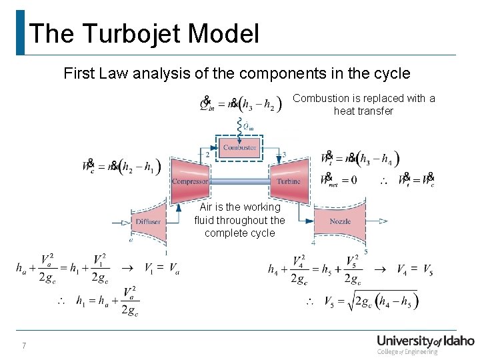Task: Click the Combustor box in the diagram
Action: [239, 147]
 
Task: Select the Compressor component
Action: [190, 180]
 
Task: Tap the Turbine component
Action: [288, 180]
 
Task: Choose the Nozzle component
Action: [340, 221]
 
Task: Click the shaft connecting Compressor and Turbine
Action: [239, 181]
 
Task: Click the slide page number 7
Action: [23, 345]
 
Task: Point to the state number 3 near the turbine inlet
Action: [284, 155]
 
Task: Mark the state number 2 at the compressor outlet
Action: [207, 155]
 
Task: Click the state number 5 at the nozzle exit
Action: [365, 252]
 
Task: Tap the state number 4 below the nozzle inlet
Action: [313, 243]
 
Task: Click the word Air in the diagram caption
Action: [207, 207]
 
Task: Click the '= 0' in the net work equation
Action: [349, 179]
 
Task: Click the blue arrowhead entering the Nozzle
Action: [311, 221]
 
